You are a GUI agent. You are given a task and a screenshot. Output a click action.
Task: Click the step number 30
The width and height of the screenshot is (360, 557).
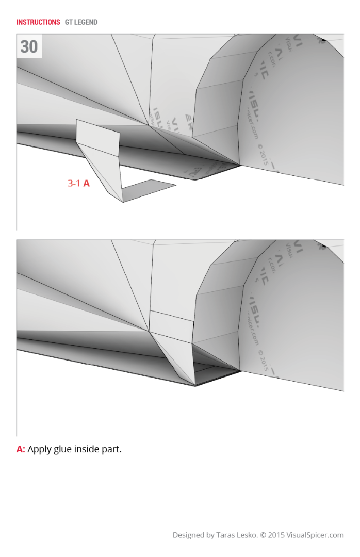(29, 47)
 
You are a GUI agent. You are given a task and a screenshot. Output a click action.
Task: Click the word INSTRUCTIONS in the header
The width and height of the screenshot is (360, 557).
(38, 22)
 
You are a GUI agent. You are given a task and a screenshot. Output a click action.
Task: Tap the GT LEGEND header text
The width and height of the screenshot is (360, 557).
(81, 22)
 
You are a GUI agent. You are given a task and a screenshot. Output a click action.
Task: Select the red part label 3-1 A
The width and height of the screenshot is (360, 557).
(78, 183)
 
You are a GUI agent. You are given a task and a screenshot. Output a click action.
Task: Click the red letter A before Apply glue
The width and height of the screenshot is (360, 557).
(21, 449)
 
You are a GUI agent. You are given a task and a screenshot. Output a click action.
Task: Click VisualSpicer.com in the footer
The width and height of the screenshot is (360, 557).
(315, 535)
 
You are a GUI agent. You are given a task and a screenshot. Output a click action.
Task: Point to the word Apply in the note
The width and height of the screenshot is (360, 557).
(39, 449)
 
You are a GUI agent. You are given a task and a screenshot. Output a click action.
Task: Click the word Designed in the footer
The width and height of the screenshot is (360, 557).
(189, 535)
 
